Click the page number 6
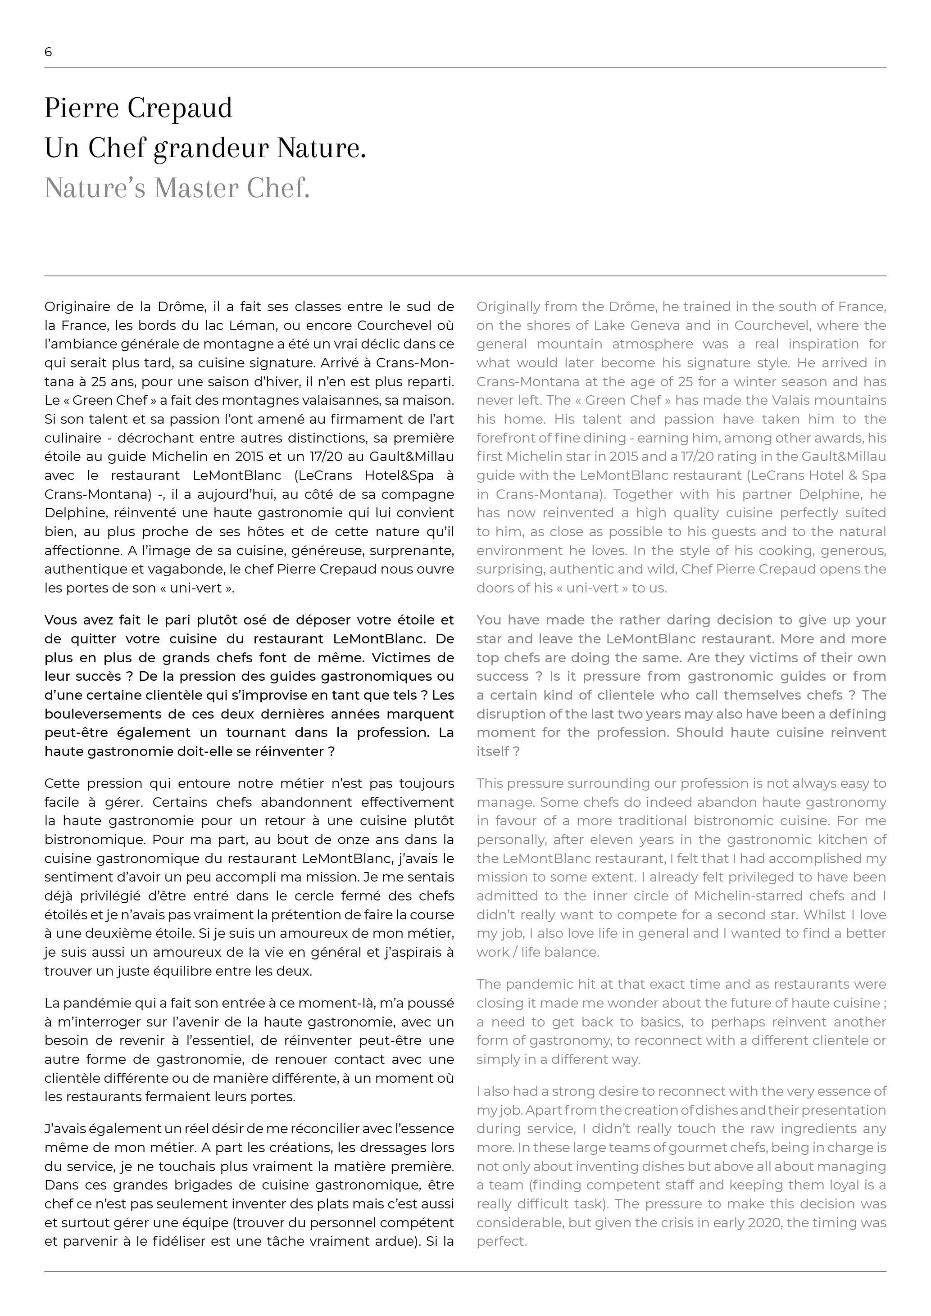(x=48, y=52)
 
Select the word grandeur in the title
(x=211, y=149)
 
